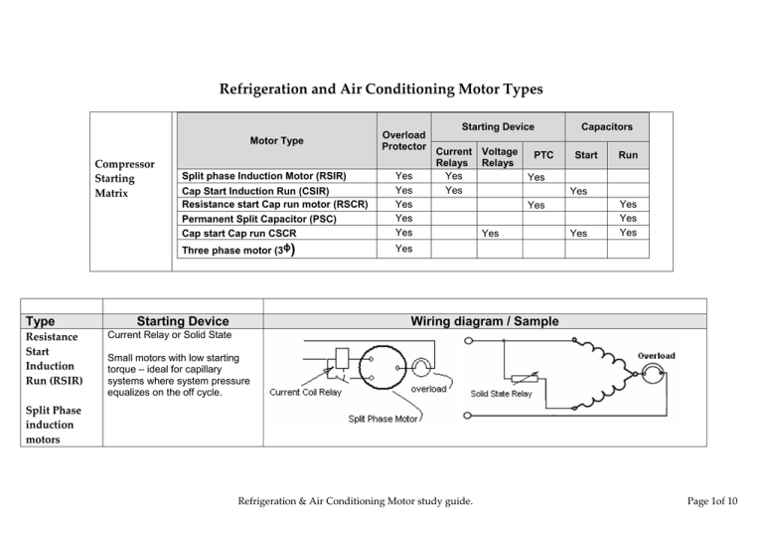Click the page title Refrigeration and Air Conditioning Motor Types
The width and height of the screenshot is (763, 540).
point(381,90)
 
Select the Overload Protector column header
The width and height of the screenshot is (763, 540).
point(403,140)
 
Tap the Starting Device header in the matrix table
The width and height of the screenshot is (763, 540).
point(497,126)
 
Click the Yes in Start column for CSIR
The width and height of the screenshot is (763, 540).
point(577,190)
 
